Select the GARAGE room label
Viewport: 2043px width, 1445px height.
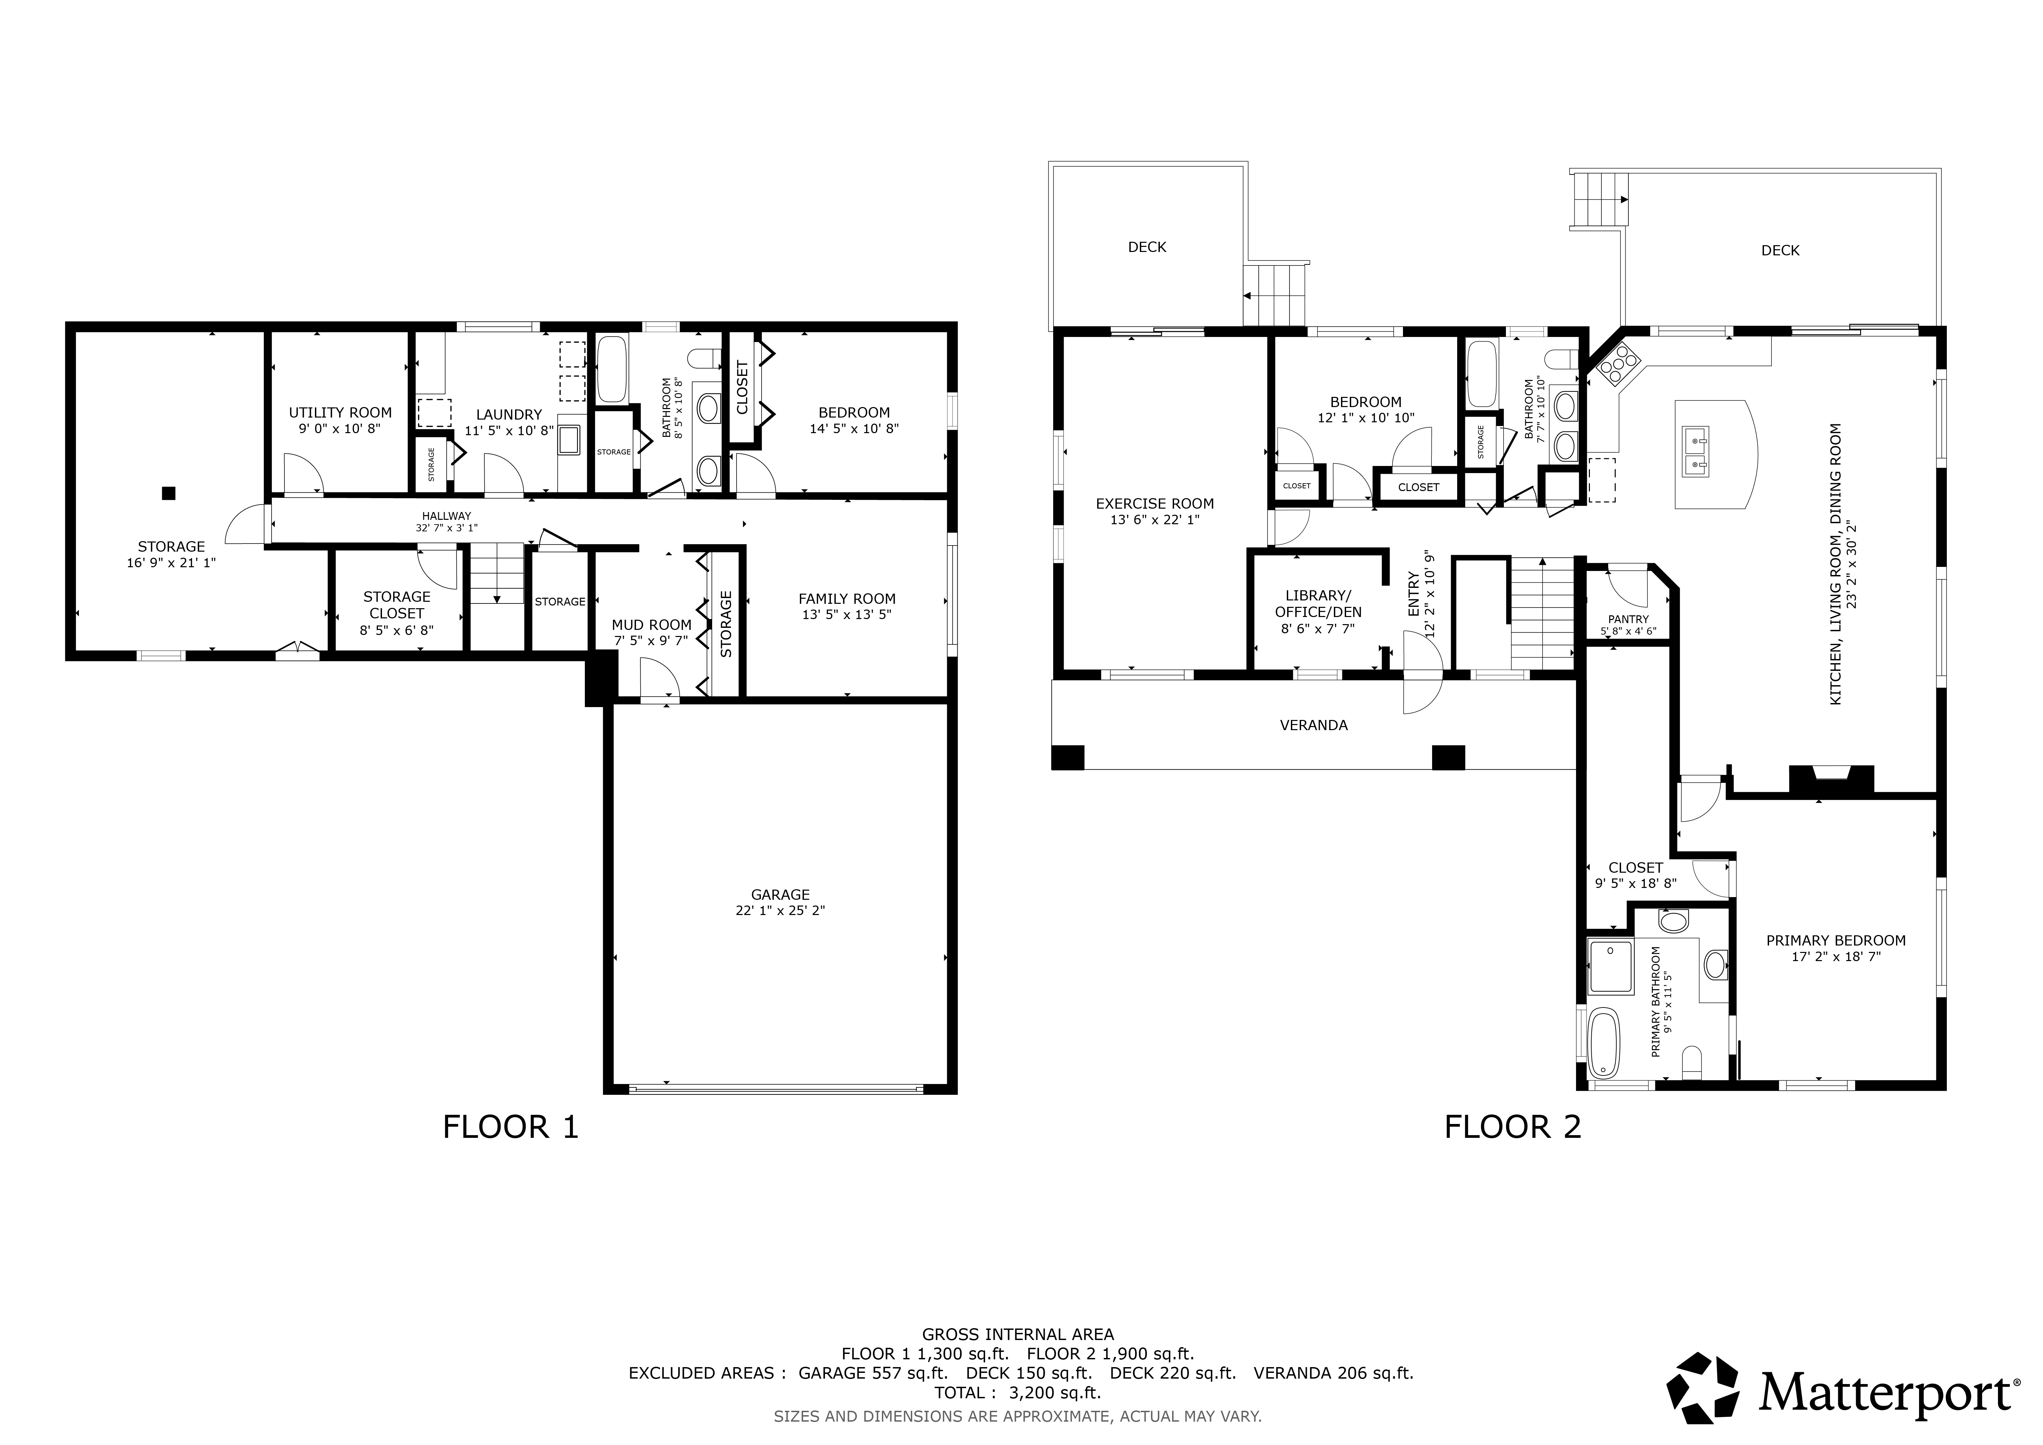[x=780, y=894]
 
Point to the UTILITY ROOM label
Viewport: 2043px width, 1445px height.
[x=340, y=412]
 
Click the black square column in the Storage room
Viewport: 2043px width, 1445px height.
[x=168, y=493]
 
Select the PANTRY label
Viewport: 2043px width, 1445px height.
[x=1629, y=619]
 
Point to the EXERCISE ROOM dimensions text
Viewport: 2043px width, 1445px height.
[x=1155, y=519]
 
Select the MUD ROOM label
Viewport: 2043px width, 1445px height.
[x=651, y=624]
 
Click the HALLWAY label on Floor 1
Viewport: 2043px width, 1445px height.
[x=447, y=516]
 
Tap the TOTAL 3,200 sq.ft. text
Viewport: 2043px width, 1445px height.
[x=1018, y=1393]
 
